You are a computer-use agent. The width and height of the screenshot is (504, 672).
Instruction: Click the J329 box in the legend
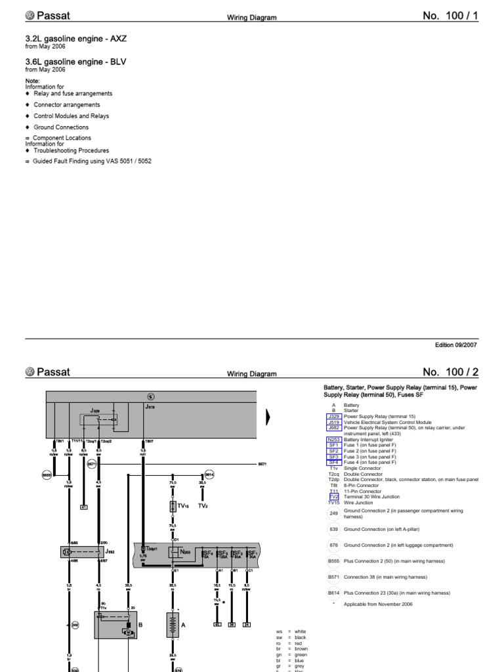click(x=333, y=417)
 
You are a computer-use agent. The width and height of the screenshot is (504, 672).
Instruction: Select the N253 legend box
click(x=333, y=440)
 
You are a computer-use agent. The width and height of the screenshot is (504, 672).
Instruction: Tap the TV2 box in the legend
click(x=333, y=497)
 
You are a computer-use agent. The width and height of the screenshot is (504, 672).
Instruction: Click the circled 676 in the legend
click(x=333, y=545)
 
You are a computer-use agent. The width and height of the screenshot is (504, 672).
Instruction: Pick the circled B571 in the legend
click(x=333, y=577)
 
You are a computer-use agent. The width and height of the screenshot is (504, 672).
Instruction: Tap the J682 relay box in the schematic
click(x=82, y=553)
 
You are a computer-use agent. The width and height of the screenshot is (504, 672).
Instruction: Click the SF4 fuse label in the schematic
click(x=207, y=554)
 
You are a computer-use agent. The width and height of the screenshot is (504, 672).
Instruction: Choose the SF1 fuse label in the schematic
click(x=252, y=554)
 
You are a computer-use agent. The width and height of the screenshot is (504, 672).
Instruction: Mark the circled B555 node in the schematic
click(x=47, y=474)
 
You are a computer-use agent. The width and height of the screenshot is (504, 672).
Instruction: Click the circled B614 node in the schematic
click(x=209, y=474)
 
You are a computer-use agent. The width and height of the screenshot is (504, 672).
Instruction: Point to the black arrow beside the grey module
click(x=268, y=417)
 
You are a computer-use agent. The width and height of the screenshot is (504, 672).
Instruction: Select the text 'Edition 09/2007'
click(x=456, y=345)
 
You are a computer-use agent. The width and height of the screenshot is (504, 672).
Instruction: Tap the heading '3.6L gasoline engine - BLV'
click(x=75, y=62)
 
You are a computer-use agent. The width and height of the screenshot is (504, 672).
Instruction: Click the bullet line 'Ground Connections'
click(x=60, y=127)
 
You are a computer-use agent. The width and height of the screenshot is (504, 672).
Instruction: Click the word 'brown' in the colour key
click(x=301, y=648)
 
